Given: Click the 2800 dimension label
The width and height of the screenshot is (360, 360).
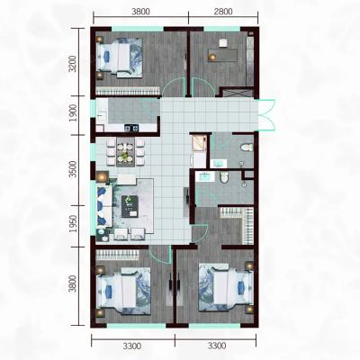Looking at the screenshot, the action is point(223,12).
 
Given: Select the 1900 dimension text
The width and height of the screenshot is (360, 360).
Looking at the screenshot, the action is point(73,113).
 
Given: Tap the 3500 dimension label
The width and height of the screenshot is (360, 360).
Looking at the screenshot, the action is point(73,169).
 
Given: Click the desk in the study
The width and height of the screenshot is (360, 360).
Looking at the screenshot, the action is point(223,55).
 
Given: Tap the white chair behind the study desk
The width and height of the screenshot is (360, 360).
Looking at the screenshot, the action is point(223,43).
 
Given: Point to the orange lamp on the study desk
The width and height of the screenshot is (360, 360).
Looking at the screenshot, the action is point(212,57).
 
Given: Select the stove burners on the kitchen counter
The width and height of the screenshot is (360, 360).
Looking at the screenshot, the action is point(131,128).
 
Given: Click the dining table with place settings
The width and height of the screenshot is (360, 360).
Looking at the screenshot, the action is point(126,152).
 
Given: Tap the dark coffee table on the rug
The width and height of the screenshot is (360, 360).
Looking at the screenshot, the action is point(130,206).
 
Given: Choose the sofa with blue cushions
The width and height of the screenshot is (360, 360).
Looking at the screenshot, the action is point(104,205).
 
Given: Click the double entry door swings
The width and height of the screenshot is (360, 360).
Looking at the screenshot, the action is point(267,114).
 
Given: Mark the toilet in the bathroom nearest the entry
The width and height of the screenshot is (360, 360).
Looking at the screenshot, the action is point(247,148).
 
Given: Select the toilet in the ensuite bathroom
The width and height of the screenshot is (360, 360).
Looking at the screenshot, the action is point(224,177).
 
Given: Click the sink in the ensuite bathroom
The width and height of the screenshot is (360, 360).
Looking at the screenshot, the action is point(204,176).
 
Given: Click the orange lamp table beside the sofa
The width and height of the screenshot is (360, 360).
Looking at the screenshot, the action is point(103,176).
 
